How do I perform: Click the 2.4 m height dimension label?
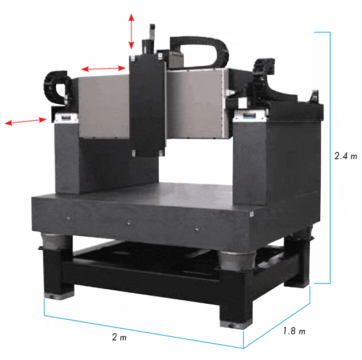pos(346,156)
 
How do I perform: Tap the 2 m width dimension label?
pos(119,337)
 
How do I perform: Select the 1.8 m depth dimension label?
pos(294,331)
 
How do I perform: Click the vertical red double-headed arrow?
pos(131,31)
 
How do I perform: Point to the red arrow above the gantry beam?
pos(103,69)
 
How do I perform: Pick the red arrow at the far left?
pos(26,121)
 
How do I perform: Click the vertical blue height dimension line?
pos(330,158)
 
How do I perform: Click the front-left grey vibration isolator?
pos(55,241)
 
